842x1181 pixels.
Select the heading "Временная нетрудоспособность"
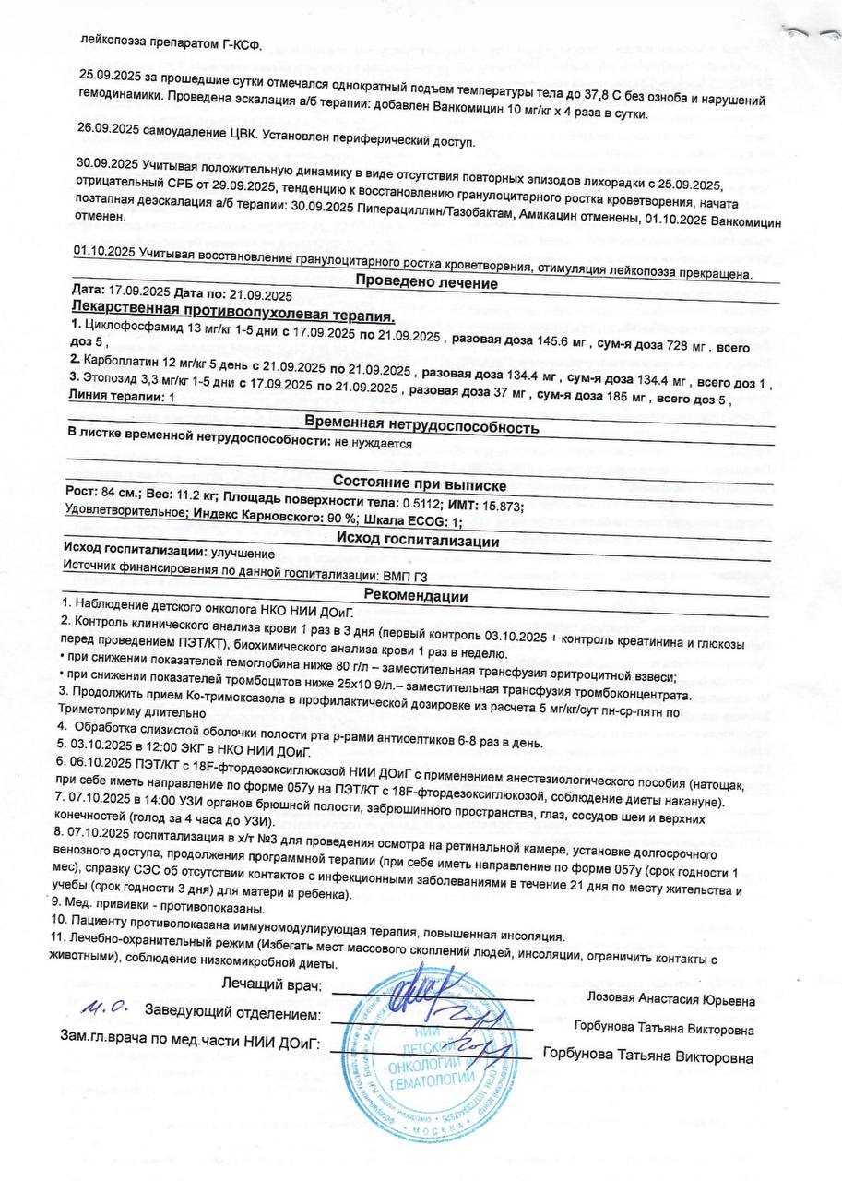[x=421, y=427]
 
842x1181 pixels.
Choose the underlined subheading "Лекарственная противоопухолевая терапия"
[x=232, y=307]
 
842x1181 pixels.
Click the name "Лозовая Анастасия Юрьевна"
[x=671, y=1000]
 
